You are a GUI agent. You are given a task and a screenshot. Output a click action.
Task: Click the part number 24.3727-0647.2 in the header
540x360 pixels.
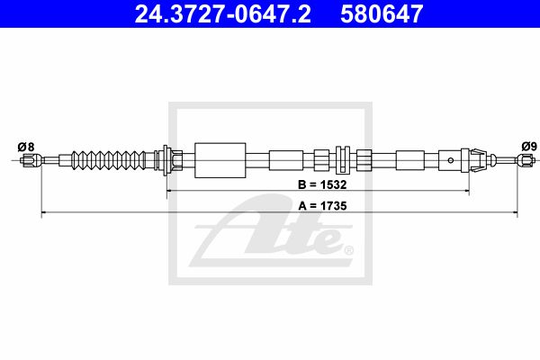click(222, 13)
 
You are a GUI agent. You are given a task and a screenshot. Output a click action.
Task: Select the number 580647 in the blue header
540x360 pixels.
click(382, 13)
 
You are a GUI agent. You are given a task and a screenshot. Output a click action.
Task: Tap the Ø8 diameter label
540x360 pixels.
click(26, 147)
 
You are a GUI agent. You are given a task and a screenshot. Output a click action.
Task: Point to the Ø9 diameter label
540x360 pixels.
click(529, 147)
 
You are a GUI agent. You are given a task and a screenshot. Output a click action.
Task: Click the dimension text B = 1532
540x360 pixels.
click(322, 184)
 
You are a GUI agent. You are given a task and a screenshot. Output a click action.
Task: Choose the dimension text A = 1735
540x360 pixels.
click(322, 206)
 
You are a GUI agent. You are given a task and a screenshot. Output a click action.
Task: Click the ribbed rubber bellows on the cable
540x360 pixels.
click(109, 160)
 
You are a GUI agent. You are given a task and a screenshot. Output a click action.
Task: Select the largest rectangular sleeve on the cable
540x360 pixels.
click(220, 160)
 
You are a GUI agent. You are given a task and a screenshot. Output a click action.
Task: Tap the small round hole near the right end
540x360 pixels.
click(451, 160)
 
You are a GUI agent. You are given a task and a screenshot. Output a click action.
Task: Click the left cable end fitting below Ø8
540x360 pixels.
click(31, 160)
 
